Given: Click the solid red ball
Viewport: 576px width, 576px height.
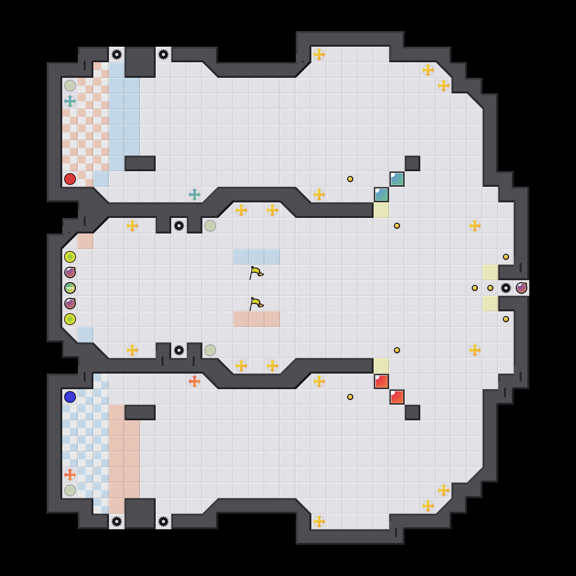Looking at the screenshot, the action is [70, 179].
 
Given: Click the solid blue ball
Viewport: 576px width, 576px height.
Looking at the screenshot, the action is [70, 397].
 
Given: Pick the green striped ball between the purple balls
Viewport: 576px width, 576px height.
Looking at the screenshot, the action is [70, 288].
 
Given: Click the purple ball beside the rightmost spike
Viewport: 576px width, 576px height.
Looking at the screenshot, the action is [522, 288].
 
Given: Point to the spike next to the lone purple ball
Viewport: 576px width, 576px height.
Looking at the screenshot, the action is [506, 288].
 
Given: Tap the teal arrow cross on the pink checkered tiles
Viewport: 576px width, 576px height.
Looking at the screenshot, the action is [70, 101].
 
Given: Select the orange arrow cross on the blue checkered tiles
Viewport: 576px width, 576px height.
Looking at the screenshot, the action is [70, 475].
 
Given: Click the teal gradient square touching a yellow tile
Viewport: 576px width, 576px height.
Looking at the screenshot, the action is [381, 195].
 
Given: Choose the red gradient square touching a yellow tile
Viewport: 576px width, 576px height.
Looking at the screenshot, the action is [381, 381].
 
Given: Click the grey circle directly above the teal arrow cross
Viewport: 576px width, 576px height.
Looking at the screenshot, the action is [70, 86].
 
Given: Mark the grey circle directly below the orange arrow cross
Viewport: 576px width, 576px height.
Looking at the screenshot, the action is [70, 490].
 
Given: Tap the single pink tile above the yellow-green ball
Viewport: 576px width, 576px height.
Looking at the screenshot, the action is [86, 241].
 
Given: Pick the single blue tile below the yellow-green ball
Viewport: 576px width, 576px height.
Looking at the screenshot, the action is [86, 335].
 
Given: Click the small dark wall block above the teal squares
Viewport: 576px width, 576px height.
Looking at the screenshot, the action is [413, 163].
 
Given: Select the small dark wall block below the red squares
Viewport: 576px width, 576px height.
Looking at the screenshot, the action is [413, 413].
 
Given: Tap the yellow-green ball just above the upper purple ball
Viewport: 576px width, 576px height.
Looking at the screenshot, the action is [70, 257].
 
